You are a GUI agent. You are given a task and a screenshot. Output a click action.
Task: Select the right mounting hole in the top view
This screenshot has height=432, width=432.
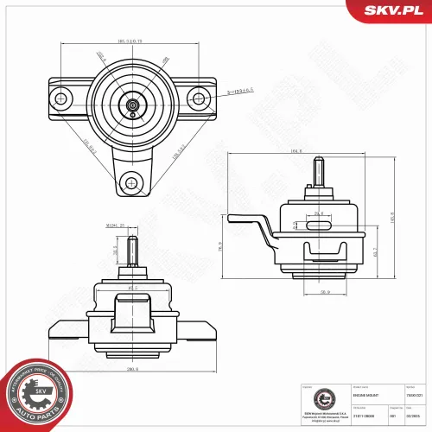pos(200,98)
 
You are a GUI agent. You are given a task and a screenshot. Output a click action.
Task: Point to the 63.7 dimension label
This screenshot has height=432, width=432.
pos(374,252)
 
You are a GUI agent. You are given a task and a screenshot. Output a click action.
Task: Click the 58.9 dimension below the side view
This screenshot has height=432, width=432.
pos(325,293)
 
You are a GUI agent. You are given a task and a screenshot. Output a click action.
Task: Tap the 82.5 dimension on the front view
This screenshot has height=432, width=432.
pos(133,288)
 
